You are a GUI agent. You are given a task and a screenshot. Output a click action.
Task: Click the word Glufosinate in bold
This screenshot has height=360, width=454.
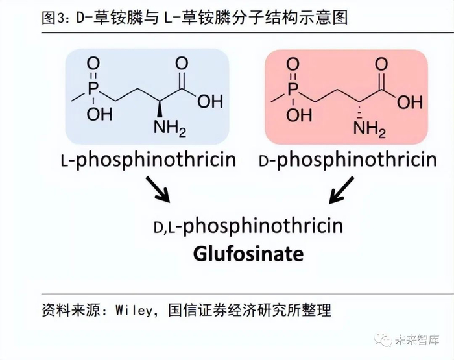pos(248,253)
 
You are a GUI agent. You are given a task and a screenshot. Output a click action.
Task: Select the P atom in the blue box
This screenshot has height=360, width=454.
pos(94,87)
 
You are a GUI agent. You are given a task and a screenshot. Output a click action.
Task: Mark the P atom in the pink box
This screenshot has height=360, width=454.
pos(294,87)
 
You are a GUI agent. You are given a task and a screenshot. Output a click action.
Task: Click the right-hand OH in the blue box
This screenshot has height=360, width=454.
pos(209,101)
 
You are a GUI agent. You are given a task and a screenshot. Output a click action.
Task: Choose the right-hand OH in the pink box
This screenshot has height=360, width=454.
pos(409,101)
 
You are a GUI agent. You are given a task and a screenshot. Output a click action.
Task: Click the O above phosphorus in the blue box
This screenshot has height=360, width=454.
pos(94,63)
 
